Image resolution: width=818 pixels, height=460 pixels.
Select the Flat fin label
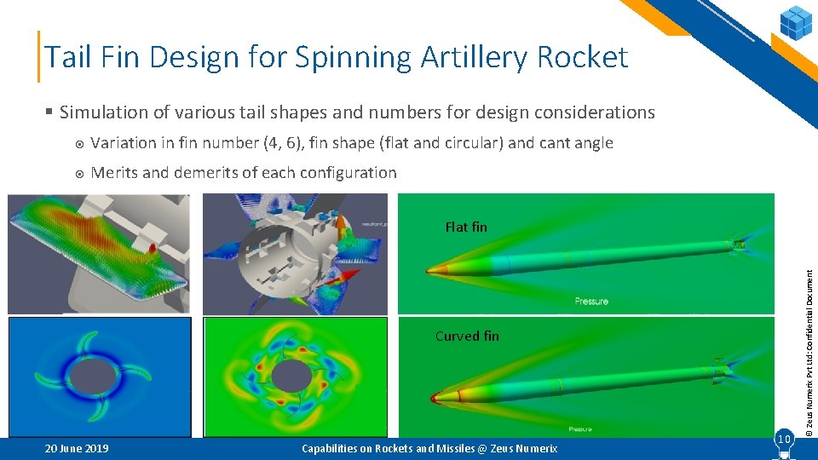tap(466, 227)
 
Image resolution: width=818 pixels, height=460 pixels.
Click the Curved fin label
tap(467, 336)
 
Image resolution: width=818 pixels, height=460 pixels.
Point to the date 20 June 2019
tap(76, 448)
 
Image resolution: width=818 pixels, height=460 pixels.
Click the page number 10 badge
tap(783, 439)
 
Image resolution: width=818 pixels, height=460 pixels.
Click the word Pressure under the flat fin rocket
tap(591, 301)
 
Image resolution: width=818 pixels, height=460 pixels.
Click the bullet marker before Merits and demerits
tap(78, 173)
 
